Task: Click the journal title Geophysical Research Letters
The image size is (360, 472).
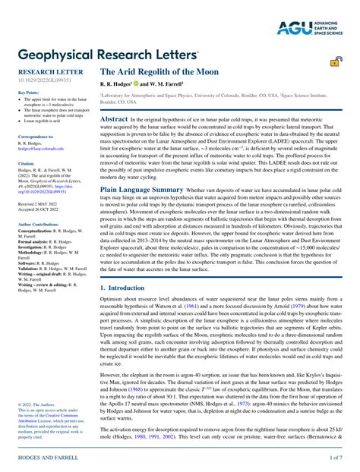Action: (x=109, y=55)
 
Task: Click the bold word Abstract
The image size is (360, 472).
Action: (x=114, y=119)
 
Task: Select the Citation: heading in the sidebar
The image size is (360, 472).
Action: (x=27, y=163)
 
